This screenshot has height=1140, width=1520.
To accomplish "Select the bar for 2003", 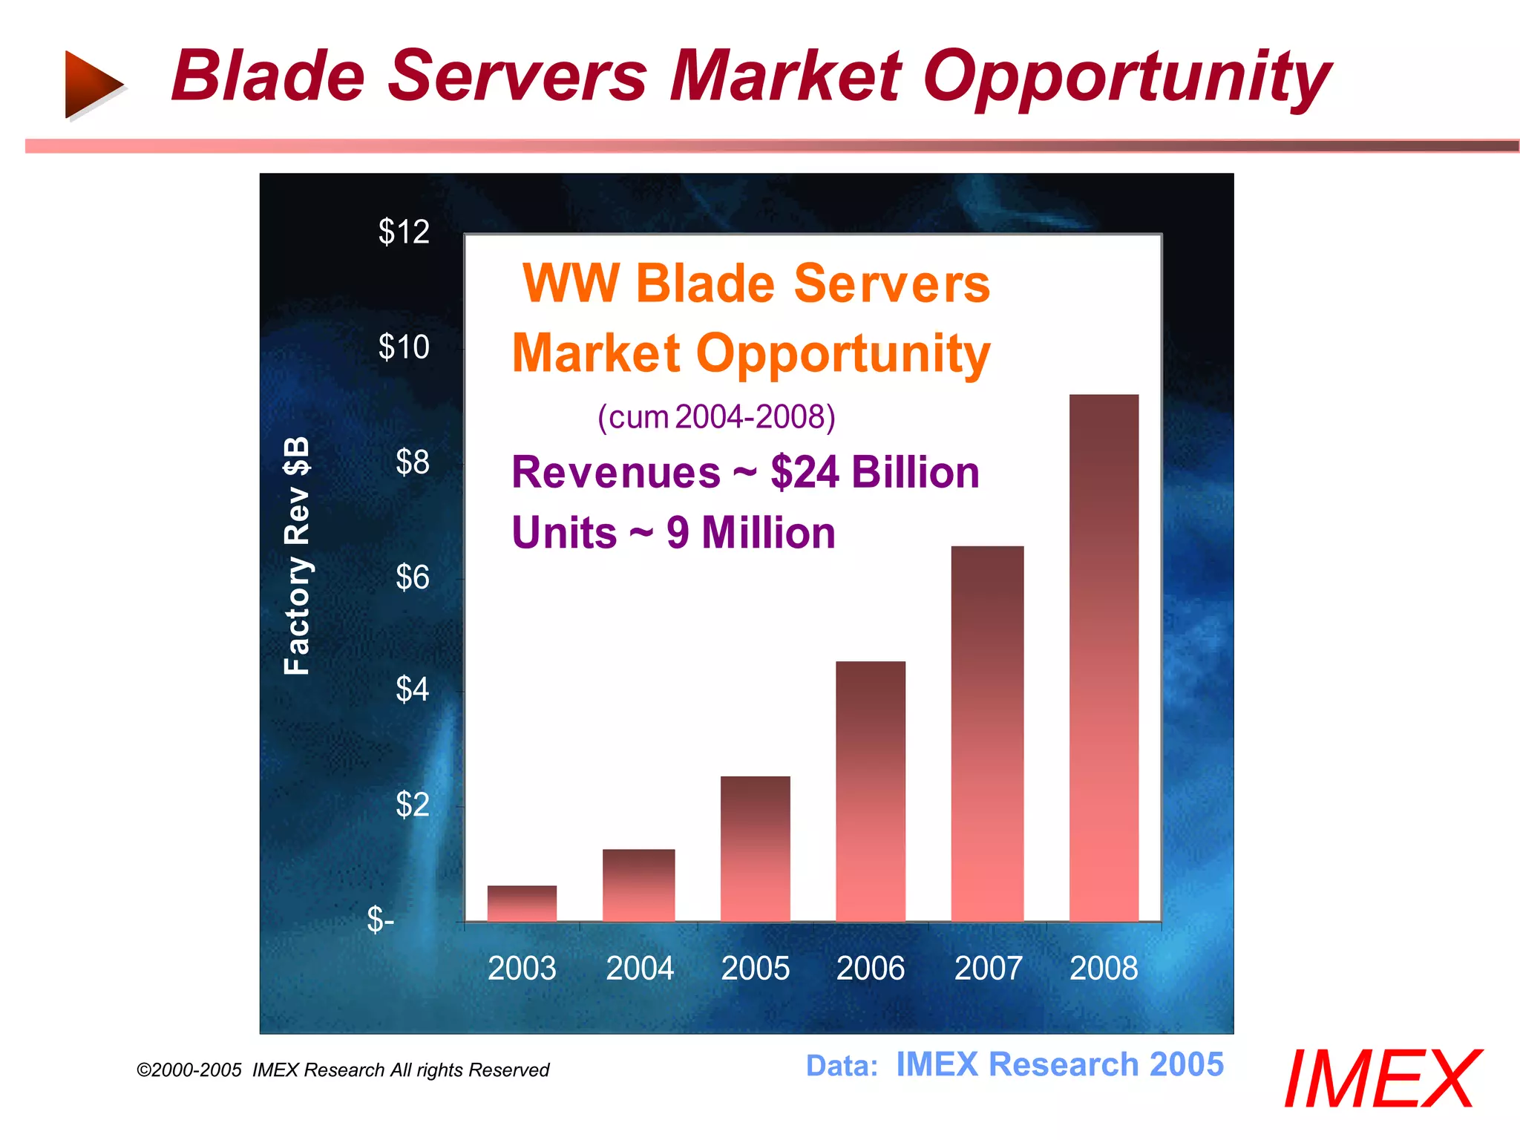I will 522,903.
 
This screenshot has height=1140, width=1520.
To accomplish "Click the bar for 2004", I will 638,885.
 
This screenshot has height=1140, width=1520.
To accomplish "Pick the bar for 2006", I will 871,791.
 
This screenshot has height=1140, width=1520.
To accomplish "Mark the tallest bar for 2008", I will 1104,658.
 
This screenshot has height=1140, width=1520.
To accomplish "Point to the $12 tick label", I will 404,232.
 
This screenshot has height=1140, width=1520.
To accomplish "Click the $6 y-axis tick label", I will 412,577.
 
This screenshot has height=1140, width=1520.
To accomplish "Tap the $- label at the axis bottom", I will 381,920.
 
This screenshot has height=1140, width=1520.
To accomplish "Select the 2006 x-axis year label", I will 871,969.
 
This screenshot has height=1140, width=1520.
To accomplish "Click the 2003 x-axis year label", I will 522,969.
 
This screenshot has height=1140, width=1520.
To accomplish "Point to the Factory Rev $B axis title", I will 297,555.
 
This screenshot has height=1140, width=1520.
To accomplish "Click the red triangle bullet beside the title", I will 92,84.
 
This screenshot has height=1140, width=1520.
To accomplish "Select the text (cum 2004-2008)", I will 716,417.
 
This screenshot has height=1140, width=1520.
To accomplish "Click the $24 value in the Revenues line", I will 805,473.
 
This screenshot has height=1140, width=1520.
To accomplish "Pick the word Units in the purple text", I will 564,533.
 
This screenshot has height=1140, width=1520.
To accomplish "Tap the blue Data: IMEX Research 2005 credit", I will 1014,1065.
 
